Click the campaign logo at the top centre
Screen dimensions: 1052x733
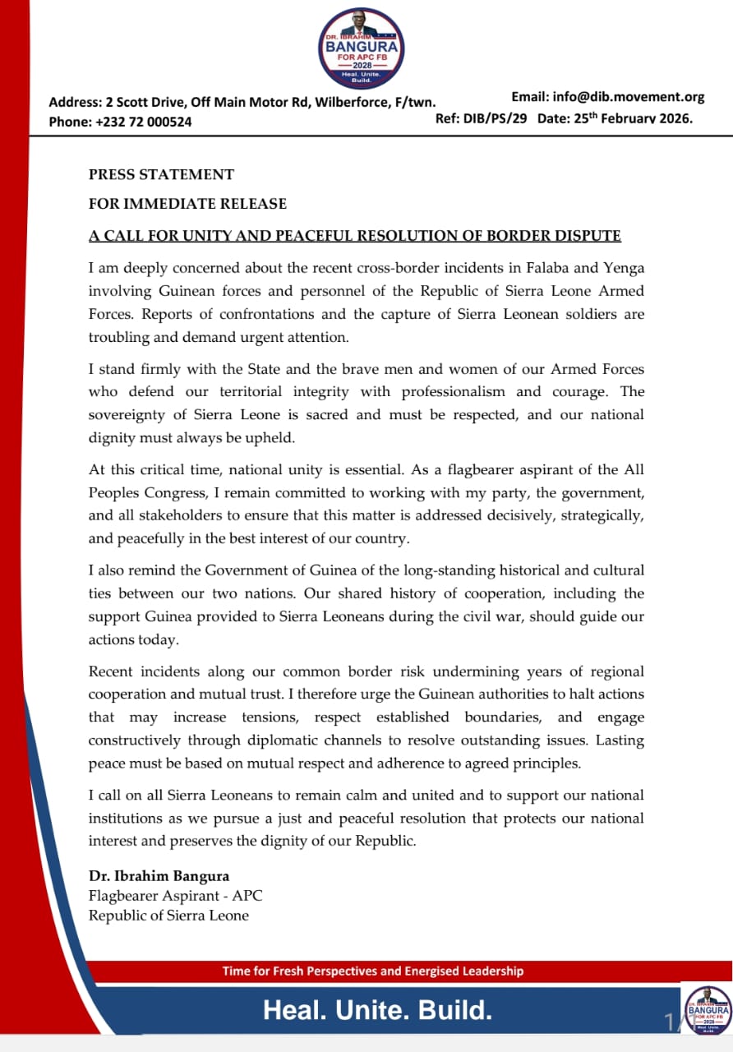(x=362, y=48)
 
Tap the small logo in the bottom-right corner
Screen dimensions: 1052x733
(x=708, y=1009)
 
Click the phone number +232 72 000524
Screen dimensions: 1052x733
(x=144, y=122)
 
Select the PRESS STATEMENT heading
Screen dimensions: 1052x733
(x=161, y=174)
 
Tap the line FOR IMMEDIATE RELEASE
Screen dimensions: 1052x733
(x=187, y=204)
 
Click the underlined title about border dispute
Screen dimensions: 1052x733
(x=354, y=236)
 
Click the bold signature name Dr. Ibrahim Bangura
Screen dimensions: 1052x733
(x=159, y=876)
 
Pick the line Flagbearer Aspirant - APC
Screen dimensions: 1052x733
(x=175, y=896)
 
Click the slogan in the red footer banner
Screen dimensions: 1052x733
(x=372, y=971)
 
